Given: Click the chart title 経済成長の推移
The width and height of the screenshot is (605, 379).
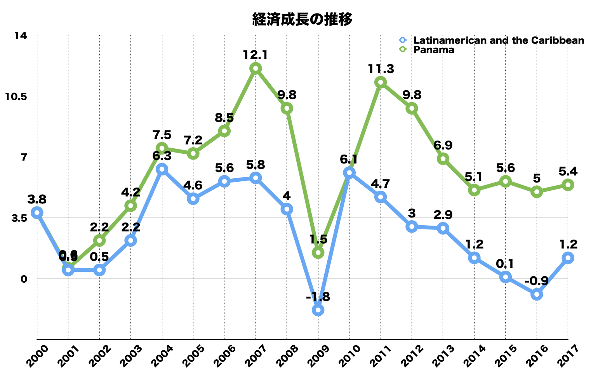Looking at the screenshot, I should tap(302, 19).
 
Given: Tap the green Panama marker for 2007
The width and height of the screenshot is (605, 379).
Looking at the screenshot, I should tap(256, 68).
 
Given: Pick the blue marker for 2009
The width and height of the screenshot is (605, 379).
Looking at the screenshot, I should tap(318, 310).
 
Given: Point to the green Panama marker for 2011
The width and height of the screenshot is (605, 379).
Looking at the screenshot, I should tap(381, 82).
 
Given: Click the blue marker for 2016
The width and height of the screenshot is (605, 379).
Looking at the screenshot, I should tap(537, 294).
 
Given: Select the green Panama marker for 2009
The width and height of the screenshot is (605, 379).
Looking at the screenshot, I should tap(318, 253).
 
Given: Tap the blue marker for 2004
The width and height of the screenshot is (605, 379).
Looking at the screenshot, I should tap(162, 169).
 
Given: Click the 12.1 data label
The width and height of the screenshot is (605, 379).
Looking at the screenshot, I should tap(256, 55).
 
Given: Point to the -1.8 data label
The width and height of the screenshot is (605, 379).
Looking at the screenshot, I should tap(318, 297).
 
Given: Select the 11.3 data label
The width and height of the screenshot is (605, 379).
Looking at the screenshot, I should tap(381, 69).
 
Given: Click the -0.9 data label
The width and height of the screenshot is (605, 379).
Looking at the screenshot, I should tap(537, 281).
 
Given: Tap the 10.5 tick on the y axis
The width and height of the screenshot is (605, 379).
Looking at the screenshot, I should tap(15, 96).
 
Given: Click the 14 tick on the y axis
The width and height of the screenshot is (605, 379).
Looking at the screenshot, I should tap(21, 35).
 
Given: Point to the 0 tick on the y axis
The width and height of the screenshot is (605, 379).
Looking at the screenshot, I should tap(24, 279).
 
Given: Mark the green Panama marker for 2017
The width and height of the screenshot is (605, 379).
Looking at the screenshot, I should tap(568, 185).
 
